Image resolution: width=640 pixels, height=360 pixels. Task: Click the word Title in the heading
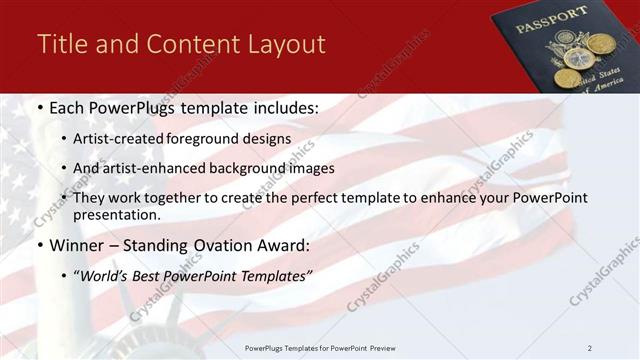pos(61,44)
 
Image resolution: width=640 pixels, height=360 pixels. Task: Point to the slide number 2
pos(590,347)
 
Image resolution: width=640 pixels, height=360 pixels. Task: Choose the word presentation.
pos(116,214)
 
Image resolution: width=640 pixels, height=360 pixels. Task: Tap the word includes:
pos(278,108)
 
